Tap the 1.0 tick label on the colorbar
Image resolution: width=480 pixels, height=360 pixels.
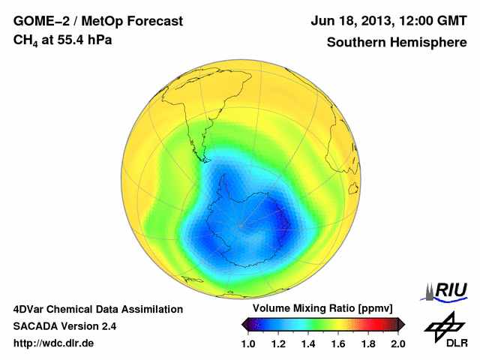click(x=248, y=343)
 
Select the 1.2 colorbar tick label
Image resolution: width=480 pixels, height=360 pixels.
click(x=278, y=343)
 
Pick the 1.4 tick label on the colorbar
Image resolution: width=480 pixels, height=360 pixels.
click(x=308, y=343)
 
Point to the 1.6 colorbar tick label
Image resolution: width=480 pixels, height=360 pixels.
click(x=337, y=343)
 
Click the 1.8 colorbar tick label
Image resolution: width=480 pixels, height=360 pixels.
click(x=367, y=343)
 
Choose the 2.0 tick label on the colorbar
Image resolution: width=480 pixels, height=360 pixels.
click(x=397, y=343)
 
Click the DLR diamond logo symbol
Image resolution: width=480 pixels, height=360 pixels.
click(x=442, y=325)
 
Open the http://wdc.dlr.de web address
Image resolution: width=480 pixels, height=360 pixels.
click(x=55, y=343)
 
